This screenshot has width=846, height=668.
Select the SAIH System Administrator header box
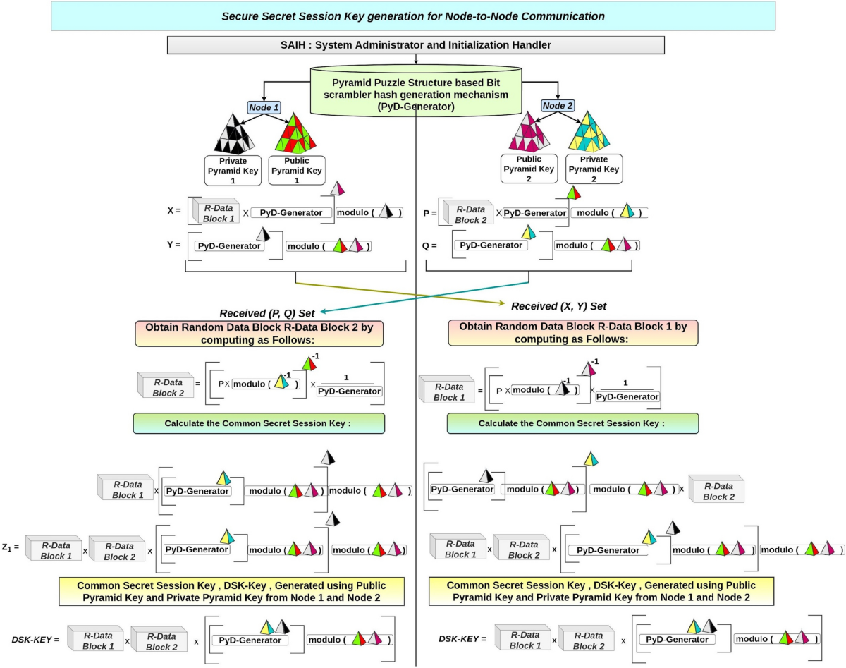(416, 45)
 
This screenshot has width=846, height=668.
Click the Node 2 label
(558, 106)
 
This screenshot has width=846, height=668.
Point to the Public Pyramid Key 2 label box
(528, 169)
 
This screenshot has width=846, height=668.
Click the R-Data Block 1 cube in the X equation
(215, 212)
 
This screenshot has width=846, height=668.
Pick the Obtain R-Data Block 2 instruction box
(259, 333)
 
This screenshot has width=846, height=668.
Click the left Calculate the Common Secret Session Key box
(259, 423)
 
